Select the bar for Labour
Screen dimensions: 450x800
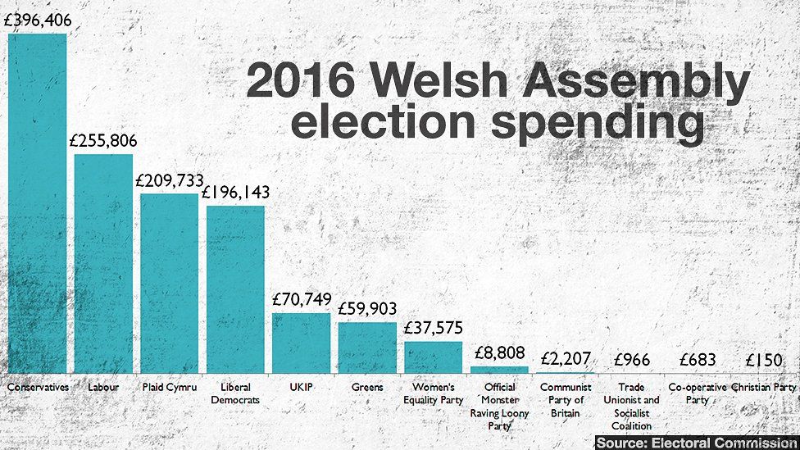click(x=103, y=263)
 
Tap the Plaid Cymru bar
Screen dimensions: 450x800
click(x=169, y=283)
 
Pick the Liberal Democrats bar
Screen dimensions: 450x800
click(x=235, y=289)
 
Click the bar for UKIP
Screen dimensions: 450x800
click(x=301, y=343)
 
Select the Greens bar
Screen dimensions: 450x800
click(x=367, y=348)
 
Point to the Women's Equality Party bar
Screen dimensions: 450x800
click(x=434, y=357)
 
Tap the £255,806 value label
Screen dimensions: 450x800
click(x=103, y=141)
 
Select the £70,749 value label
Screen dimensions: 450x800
click(x=301, y=301)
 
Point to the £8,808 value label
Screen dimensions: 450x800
click(x=499, y=353)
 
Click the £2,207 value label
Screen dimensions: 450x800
click(x=566, y=358)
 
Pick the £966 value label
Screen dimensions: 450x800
click(x=631, y=359)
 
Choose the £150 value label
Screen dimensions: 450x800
click(x=763, y=360)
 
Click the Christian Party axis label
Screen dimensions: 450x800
click(x=763, y=387)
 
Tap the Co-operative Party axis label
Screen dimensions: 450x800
click(x=698, y=393)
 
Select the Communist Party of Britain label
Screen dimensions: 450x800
click(x=566, y=400)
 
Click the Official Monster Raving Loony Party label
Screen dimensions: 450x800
click(x=499, y=407)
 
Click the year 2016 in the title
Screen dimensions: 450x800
click(x=301, y=83)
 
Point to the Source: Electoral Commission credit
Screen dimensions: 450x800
click(x=695, y=443)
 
